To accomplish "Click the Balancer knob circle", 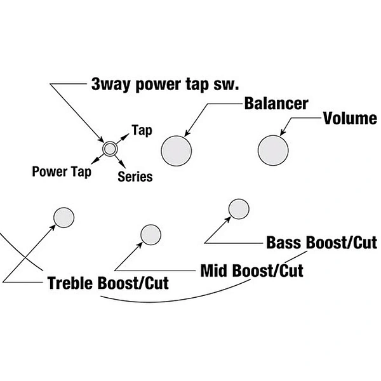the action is pos(177,151).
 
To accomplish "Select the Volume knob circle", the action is pos(273,150).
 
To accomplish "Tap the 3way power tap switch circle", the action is pos(110,149).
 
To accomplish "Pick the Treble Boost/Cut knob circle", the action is pos(63,217).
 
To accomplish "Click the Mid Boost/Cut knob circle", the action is pos(150,235).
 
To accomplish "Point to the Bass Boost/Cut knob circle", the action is pos(239,209).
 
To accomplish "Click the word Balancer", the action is pos(276,104).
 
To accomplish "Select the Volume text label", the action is pos(350,118).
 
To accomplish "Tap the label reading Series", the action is pos(135,177).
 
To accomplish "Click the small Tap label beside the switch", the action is pos(142,130).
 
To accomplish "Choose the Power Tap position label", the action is pos(62,172).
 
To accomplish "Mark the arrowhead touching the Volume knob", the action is pos(283,132).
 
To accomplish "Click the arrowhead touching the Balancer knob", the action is pos(187,133).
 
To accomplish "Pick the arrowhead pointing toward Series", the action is pos(123,165).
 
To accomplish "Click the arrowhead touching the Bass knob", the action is pos(228,220).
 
